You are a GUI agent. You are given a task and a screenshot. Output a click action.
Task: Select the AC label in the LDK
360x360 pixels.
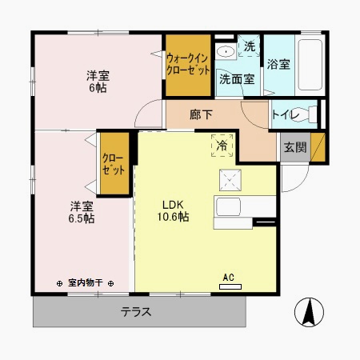tap(227, 277)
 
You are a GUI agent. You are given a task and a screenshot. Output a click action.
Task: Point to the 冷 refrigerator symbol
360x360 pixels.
tap(221, 146)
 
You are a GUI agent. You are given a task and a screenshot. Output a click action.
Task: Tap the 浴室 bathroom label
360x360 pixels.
tap(278, 63)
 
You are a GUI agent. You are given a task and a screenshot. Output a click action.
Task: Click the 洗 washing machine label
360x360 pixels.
tap(249, 47)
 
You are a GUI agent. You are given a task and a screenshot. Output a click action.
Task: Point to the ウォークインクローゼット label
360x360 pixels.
tap(187, 63)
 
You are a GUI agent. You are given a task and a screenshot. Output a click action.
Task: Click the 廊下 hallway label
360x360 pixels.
tap(201, 115)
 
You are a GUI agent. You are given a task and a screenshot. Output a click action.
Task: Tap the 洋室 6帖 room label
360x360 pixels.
tap(98, 82)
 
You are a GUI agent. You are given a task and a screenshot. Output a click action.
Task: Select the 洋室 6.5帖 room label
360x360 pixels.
tap(80, 211)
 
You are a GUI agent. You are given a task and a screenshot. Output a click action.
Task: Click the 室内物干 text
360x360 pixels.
tap(86, 282)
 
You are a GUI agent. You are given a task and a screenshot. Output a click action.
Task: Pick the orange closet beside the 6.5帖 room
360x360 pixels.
tap(114, 163)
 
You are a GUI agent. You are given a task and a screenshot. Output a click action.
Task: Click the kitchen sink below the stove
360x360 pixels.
tap(229, 206)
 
